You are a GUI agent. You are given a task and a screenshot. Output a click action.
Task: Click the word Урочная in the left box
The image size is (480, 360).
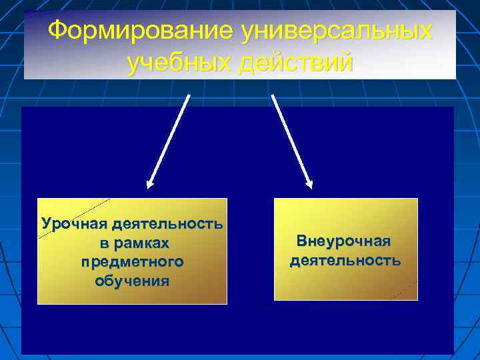point(73,223)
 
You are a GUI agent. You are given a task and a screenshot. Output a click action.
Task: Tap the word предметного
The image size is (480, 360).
point(132,261)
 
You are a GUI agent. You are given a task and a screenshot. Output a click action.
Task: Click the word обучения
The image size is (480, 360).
point(132,281)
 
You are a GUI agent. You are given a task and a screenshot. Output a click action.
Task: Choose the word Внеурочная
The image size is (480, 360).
point(344,240)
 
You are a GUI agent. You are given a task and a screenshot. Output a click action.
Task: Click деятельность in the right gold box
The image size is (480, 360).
point(345,259)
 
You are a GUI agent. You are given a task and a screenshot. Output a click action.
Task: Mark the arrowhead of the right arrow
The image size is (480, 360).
point(309,183)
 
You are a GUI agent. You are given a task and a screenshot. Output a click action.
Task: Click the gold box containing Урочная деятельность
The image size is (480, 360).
point(132,293)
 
